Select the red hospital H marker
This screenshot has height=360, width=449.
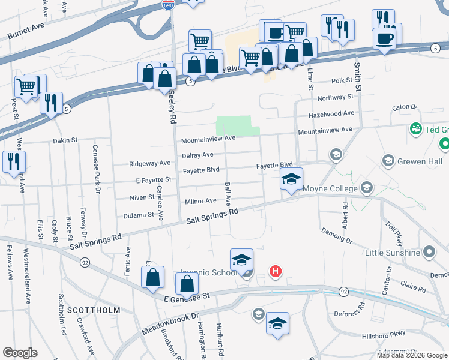275,272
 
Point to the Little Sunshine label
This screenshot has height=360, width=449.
392,253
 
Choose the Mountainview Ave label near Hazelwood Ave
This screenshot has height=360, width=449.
325,130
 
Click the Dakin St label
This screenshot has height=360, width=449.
65,140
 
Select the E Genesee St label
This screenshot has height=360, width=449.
185,296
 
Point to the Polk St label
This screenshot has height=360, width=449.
341,80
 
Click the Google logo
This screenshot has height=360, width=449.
20,353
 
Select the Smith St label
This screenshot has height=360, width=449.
358,71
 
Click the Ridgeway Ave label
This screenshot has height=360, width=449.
150,163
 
